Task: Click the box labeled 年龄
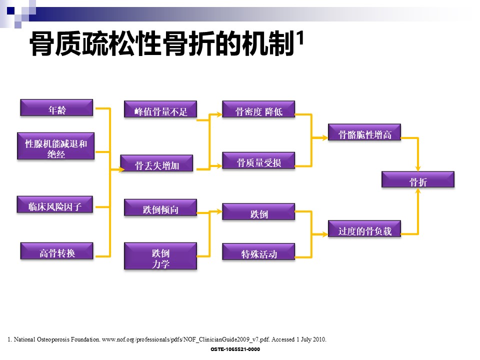(x=57, y=108)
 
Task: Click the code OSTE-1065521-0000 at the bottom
(x=235, y=349)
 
